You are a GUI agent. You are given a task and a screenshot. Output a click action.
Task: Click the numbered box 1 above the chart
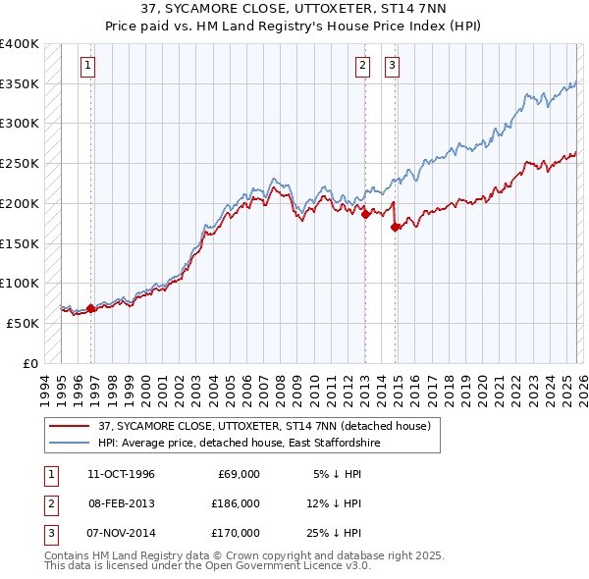87,66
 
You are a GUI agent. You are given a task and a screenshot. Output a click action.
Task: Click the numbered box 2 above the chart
362,66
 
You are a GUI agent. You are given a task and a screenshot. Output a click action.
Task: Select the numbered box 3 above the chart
392,66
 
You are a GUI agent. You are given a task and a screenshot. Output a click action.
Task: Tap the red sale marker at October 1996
91,308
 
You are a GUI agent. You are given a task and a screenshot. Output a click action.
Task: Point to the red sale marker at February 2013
365,215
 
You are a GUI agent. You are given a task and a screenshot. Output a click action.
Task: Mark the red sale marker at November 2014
396,228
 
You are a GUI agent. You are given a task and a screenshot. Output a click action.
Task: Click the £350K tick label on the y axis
19,83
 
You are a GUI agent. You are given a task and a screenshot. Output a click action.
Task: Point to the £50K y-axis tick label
23,323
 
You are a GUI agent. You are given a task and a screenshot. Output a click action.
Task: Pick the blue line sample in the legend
69,444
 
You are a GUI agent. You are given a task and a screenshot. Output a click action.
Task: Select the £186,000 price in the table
236,503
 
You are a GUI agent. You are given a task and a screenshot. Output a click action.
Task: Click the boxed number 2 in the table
50,503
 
